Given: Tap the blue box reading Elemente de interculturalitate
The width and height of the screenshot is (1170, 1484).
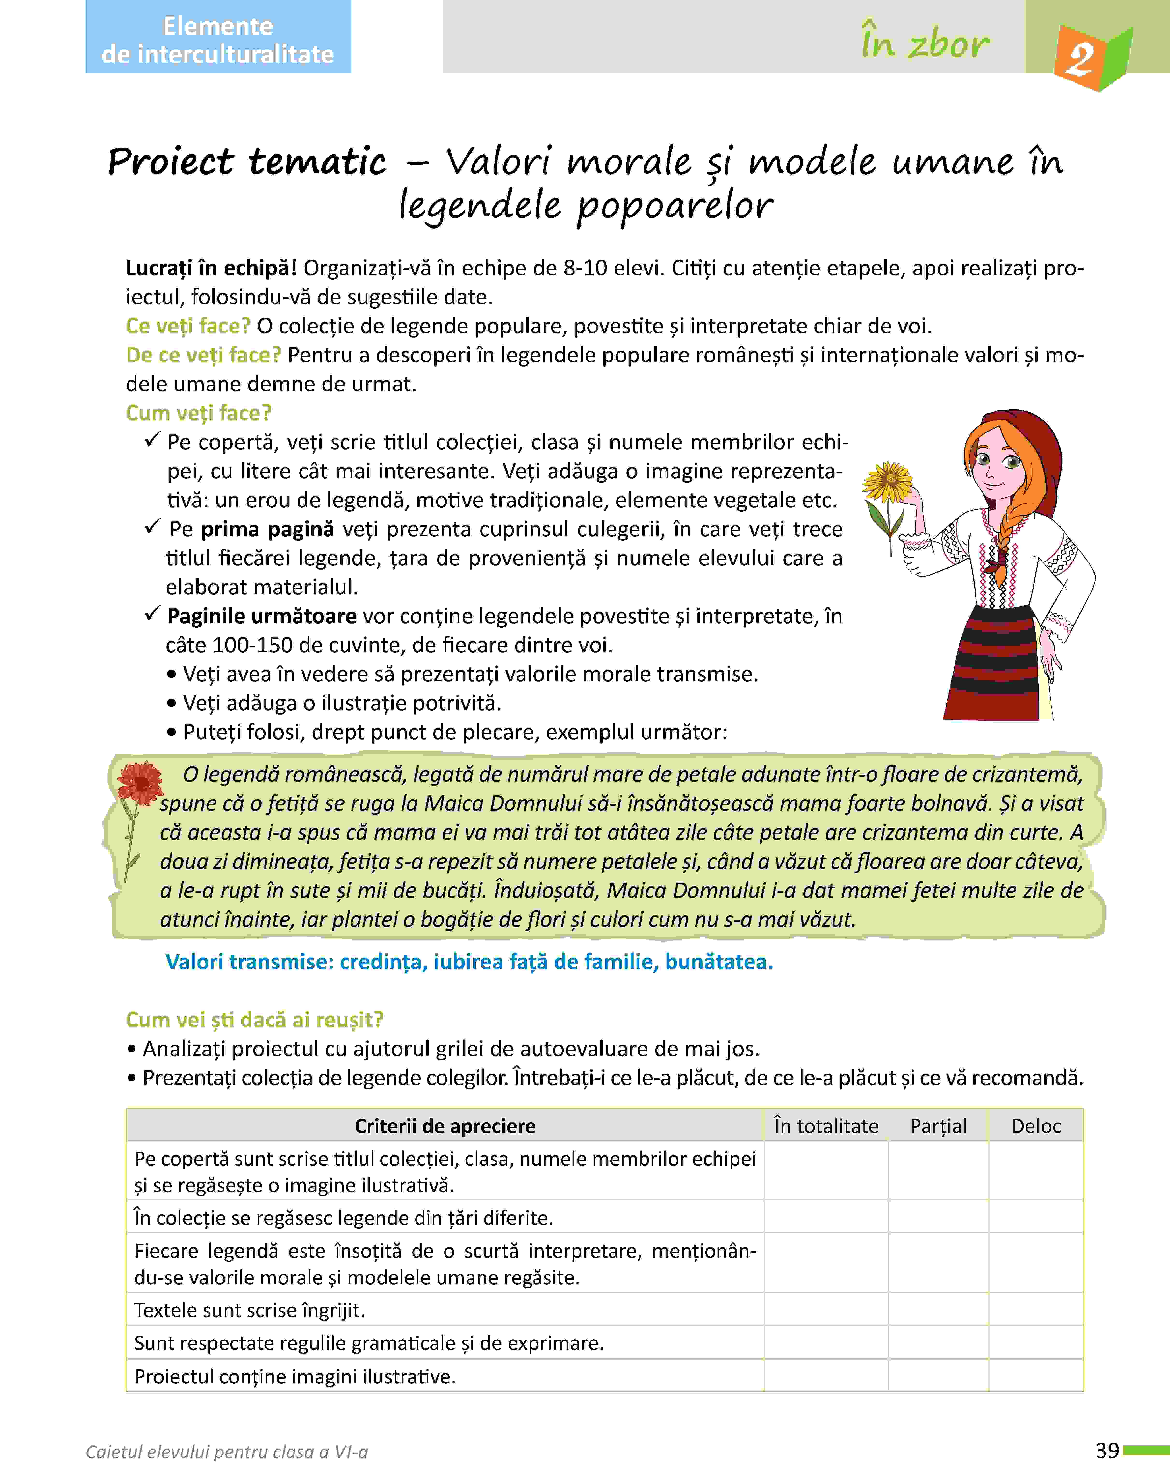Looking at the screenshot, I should (x=218, y=40).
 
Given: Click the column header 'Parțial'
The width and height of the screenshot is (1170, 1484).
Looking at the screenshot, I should (x=938, y=1126).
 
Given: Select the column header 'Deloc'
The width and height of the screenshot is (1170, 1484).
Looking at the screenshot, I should (x=1036, y=1126).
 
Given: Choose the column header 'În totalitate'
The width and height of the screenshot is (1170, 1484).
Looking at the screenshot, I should (x=826, y=1126).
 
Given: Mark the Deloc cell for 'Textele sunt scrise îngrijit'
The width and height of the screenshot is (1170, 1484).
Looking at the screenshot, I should (x=1036, y=1309).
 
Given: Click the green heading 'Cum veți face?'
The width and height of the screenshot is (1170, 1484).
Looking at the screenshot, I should (x=199, y=413).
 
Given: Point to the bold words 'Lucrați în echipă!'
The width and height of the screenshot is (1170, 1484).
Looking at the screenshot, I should (x=211, y=268).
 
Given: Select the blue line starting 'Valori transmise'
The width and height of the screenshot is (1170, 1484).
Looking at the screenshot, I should (x=469, y=962).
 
